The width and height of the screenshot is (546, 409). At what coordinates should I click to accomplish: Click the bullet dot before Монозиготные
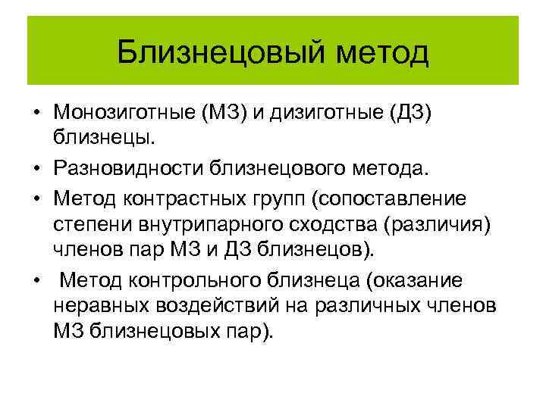point(36,114)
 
